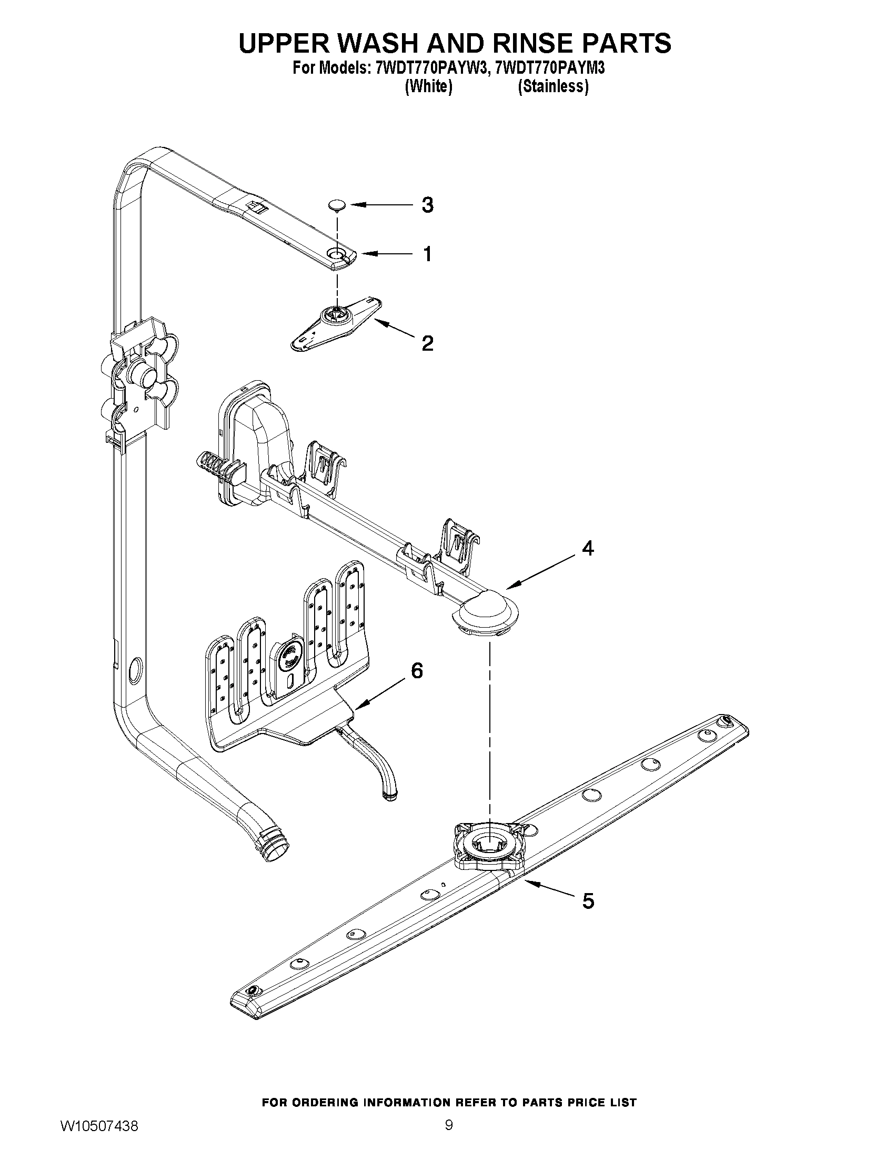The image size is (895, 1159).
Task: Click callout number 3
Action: click(x=427, y=205)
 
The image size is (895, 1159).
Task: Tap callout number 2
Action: click(x=427, y=343)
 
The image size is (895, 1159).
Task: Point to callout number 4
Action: click(x=588, y=548)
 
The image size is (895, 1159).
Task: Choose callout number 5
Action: click(x=588, y=900)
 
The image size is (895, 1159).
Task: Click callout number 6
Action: click(x=417, y=671)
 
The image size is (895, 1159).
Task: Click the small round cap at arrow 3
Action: click(x=336, y=204)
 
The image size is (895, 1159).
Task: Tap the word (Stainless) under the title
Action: click(x=552, y=86)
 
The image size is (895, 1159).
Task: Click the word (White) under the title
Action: click(x=428, y=86)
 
